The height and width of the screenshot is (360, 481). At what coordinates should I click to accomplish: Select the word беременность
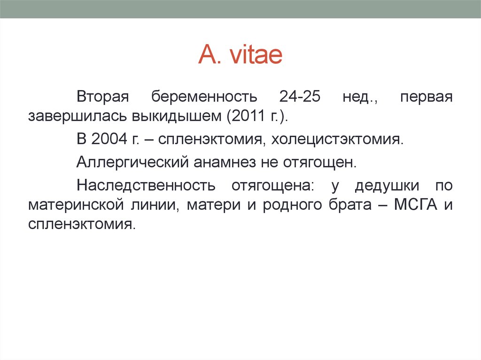pos(204,97)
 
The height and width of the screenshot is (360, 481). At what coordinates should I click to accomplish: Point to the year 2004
pos(108,139)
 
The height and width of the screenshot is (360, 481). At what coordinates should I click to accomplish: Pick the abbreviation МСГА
pos(413,205)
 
